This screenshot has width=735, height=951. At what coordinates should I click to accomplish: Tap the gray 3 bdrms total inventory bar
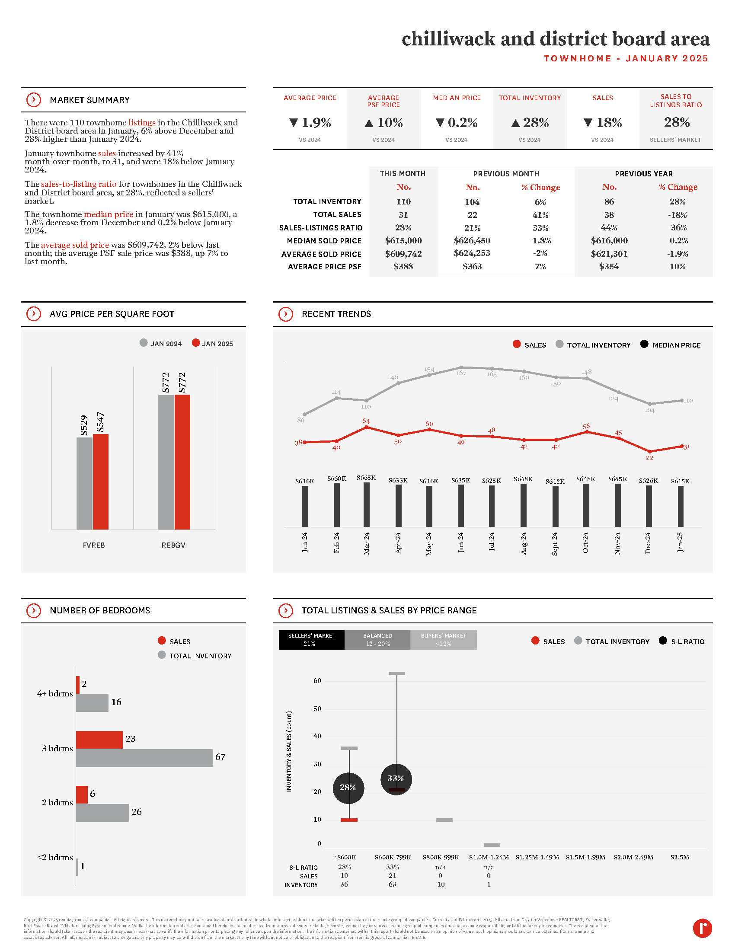144,758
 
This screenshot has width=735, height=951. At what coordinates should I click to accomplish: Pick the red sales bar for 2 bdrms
81,795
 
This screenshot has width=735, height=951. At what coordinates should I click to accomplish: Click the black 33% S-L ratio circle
396,779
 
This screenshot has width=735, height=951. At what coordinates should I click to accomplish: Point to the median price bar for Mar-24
367,504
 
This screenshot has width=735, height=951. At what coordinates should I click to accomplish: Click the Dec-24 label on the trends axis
648,543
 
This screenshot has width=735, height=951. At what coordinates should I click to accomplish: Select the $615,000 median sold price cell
403,241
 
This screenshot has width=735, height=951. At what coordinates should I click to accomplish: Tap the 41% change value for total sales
540,215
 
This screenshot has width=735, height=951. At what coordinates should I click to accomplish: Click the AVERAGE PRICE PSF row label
324,267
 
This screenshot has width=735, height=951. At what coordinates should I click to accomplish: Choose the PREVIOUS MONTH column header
506,174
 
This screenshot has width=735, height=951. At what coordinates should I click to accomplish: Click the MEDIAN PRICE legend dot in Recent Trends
644,344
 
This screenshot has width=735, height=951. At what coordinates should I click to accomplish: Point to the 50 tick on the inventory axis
317,709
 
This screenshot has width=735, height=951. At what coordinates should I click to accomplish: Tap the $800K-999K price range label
441,857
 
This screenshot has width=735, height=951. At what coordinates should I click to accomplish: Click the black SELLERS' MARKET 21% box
311,640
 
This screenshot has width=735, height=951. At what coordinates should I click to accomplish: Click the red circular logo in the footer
702,928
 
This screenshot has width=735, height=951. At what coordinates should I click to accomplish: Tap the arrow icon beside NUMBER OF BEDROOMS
34,610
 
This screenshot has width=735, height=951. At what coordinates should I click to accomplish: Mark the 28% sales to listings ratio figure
677,122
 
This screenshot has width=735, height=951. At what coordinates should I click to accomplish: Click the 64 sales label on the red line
366,421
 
